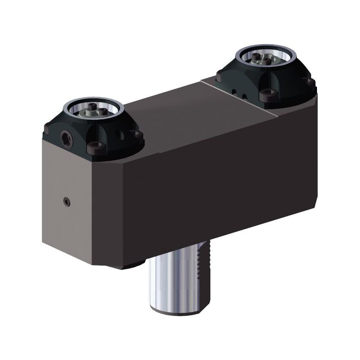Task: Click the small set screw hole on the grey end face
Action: [x=67, y=202]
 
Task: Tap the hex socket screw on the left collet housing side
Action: [x=66, y=138]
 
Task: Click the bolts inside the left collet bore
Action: [x=94, y=111]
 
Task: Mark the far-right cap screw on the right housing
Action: [x=309, y=81]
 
